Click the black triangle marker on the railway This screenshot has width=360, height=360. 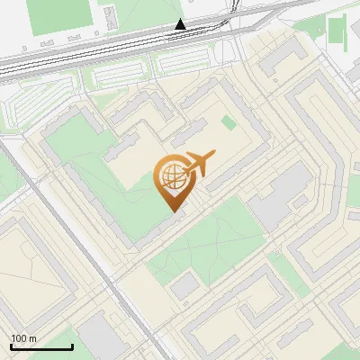[181, 24]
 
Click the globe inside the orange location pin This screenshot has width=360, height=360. [171, 178]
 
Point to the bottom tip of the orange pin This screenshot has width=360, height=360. [173, 211]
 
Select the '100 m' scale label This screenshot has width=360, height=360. [23, 338]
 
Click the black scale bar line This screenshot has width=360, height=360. [41, 346]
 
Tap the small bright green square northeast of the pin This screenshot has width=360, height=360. [228, 121]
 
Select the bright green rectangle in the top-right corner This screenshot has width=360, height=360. [337, 31]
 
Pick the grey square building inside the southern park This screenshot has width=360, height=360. [184, 286]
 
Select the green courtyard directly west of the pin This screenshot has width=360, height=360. [108, 180]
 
